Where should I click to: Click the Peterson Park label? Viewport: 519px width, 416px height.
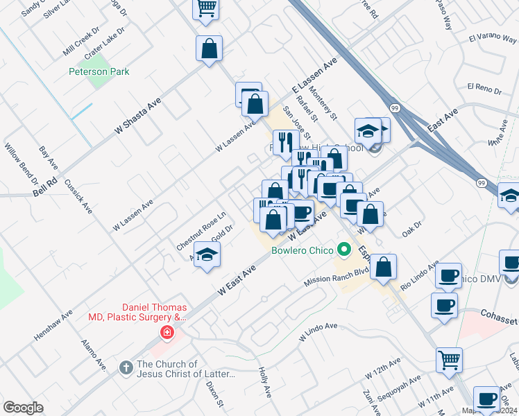point(99,71)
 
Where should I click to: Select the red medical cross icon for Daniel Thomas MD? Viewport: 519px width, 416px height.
point(166,333)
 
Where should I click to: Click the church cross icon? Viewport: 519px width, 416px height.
point(126,365)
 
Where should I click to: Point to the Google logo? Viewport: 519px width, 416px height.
point(23,408)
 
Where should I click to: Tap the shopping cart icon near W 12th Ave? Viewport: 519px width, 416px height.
point(449,359)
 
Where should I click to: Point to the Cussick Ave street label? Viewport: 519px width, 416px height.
point(78,196)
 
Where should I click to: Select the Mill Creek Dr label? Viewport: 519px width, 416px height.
point(81,43)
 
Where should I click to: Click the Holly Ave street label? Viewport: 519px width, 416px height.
point(264,382)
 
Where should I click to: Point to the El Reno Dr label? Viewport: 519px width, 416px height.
point(484,88)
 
